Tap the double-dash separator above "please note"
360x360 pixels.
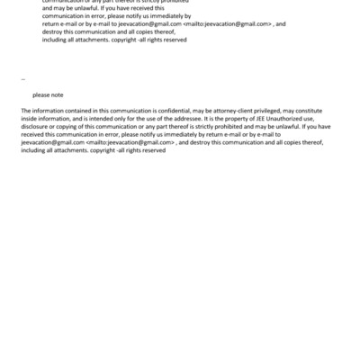[22, 79]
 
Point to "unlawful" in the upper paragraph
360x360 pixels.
[83, 8]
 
